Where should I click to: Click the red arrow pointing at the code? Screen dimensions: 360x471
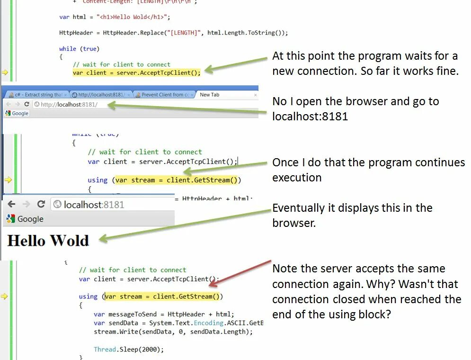tap(239, 273)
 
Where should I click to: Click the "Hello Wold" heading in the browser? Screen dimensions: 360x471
tap(48, 241)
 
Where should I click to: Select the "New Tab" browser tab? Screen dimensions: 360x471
tap(209, 95)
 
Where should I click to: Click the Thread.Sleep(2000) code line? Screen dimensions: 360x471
tap(129, 350)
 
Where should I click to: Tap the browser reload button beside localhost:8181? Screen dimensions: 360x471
tap(41, 204)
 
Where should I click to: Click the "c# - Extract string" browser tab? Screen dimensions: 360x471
tap(38, 95)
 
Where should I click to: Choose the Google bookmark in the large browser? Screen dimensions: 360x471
tap(25, 219)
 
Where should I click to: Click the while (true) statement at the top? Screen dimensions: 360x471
tap(79, 49)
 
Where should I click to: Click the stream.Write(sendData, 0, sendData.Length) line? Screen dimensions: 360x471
tap(173, 332)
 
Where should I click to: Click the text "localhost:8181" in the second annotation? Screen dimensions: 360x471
tap(310, 116)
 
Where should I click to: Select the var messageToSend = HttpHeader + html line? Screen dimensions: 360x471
tap(164, 314)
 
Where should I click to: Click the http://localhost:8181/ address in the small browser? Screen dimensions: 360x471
tap(69, 104)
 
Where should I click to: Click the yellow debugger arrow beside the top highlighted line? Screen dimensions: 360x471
tap(5, 72)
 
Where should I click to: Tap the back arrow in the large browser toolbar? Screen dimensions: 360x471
tap(12, 204)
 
